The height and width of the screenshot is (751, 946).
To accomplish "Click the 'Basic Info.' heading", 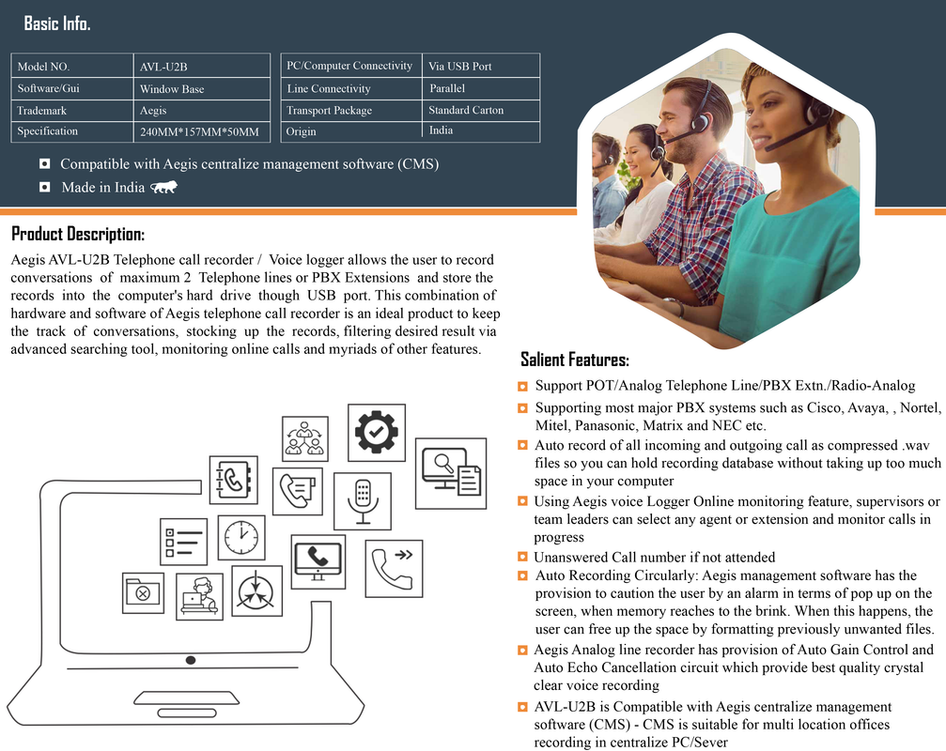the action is tap(57, 23).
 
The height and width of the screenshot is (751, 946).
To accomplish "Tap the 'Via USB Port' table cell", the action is tap(460, 67).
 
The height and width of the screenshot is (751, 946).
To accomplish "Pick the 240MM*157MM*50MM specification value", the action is tap(199, 132).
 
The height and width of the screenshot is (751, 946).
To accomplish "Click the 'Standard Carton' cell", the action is tap(466, 110).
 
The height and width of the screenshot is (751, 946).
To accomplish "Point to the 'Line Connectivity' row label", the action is tap(329, 88).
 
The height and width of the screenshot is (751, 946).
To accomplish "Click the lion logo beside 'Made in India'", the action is tap(163, 188).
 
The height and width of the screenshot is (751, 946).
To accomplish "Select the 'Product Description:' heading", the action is tap(78, 234).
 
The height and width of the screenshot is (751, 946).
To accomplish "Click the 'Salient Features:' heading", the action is tap(575, 360).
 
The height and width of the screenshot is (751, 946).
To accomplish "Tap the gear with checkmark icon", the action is tap(376, 433).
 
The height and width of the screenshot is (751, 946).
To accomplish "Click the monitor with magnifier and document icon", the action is tap(451, 468).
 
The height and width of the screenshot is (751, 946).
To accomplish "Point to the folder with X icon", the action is tap(143, 592).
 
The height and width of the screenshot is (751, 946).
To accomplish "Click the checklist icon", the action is tap(183, 542).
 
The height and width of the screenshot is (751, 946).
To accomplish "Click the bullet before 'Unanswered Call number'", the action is tap(522, 558).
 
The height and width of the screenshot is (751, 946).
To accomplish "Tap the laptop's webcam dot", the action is tap(191, 661).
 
